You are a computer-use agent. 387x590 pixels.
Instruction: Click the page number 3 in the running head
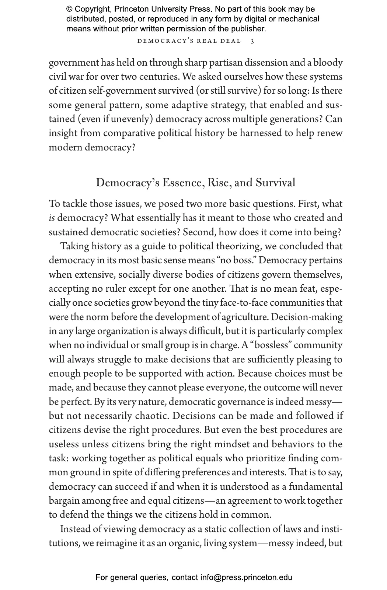click(x=252, y=41)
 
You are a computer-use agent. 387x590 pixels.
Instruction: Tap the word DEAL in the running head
click(x=231, y=41)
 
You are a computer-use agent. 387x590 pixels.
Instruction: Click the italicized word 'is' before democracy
click(x=52, y=218)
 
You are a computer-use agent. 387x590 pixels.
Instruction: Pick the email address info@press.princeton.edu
click(x=246, y=577)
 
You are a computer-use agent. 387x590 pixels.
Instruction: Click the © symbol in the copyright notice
click(x=69, y=9)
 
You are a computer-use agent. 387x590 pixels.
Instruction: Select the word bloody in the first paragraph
click(x=329, y=63)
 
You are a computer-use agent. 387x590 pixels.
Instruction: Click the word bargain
click(x=64, y=501)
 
